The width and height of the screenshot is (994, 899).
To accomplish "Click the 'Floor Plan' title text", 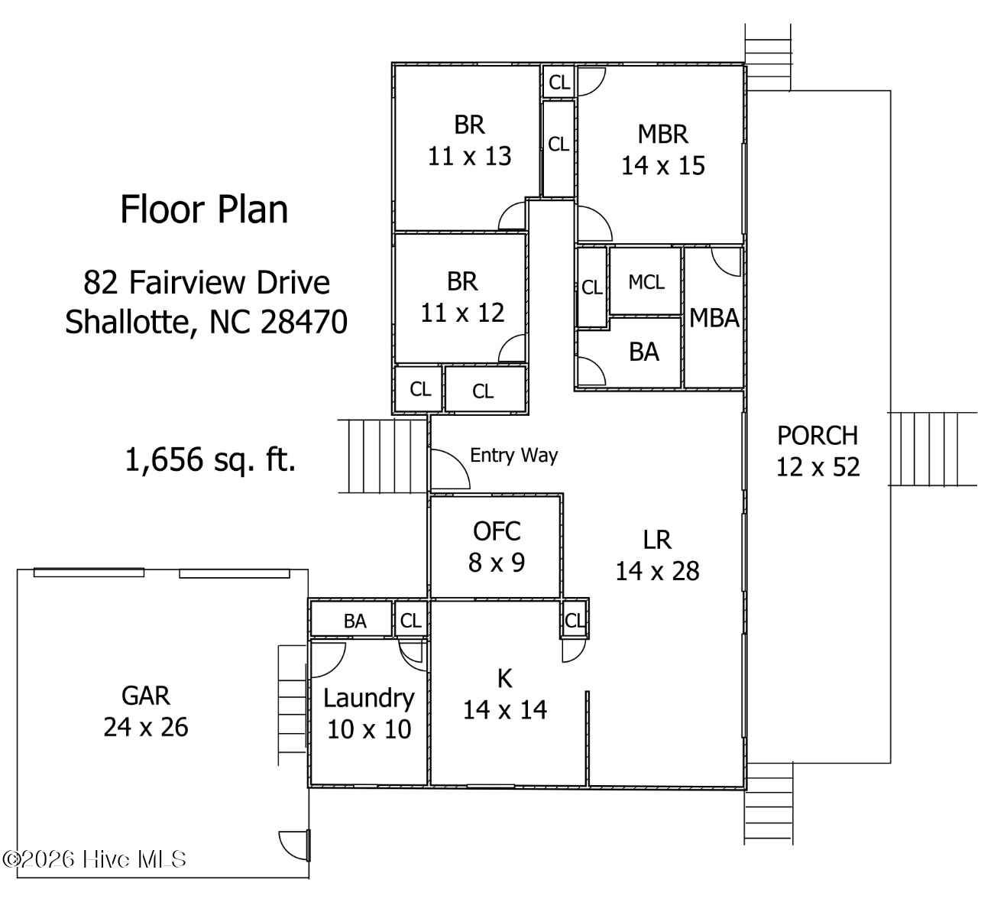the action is (204, 209).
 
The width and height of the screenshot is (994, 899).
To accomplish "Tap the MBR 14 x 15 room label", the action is (663, 150).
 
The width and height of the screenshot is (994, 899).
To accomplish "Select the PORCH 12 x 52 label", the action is (818, 451).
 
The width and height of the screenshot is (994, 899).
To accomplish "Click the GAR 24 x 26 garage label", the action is (146, 711).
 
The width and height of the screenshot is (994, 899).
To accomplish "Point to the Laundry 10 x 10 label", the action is (369, 713).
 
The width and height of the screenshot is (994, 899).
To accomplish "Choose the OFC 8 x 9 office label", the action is (497, 547).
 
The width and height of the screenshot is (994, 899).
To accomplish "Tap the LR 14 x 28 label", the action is (658, 555).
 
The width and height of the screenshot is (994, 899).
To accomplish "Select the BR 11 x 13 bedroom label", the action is (469, 140).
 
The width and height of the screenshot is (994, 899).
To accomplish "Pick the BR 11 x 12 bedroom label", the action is (462, 297).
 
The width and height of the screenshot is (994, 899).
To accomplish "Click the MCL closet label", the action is (646, 282).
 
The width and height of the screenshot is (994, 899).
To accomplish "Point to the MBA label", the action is (714, 318).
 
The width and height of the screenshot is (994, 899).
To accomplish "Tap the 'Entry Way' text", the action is (514, 455).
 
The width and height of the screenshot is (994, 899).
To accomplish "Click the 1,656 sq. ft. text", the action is (210, 459).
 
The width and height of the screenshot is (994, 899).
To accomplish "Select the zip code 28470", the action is (304, 323).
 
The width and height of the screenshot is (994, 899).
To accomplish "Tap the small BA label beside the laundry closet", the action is (355, 621).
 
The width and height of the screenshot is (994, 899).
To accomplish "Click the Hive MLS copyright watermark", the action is (94, 859).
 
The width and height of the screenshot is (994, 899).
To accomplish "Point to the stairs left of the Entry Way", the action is (383, 456).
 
